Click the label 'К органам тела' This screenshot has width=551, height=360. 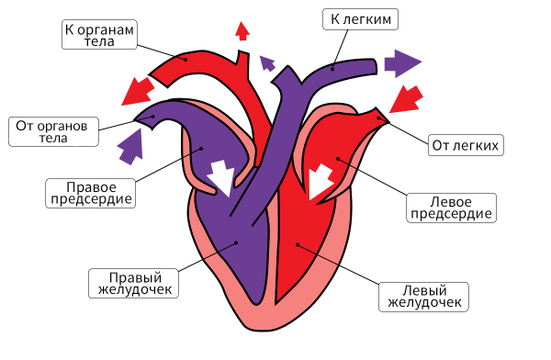[100, 36]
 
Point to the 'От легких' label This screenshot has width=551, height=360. [465, 146]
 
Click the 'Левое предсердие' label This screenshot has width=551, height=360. [451, 207]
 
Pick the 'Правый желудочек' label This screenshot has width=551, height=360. [131, 283]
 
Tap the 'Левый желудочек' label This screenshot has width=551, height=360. [424, 296]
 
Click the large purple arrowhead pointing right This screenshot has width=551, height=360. [401, 63]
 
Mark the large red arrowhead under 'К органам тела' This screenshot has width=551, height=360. [138, 90]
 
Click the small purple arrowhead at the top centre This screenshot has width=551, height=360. [267, 62]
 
